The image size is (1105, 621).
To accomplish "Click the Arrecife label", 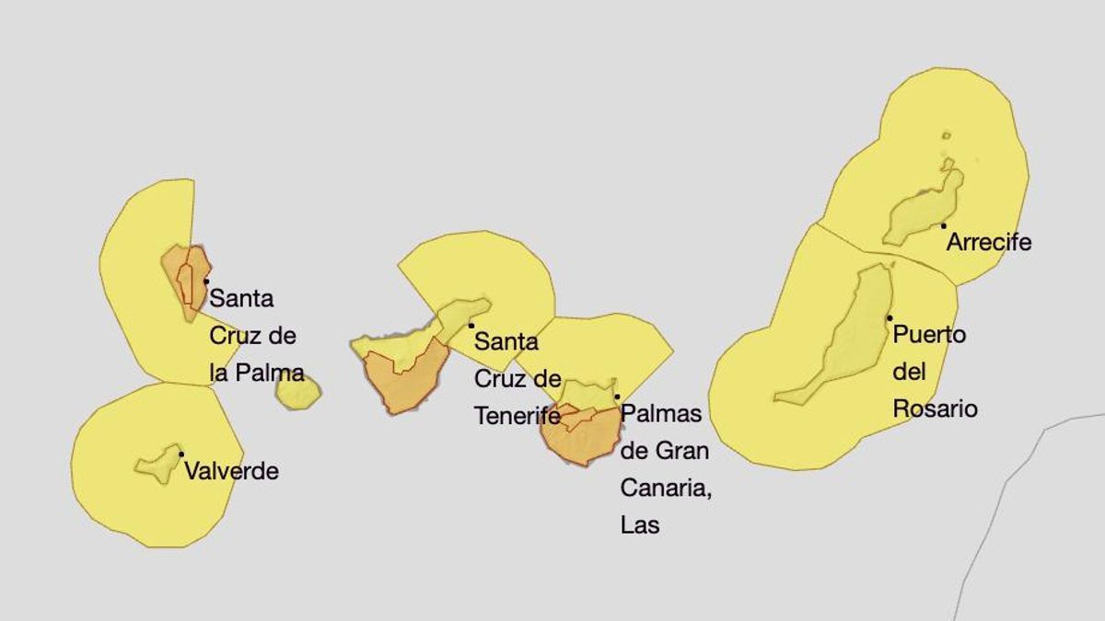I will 989,243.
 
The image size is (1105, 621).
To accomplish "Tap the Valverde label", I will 231,472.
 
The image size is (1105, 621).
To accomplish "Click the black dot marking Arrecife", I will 944,225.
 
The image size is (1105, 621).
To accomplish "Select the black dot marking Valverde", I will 181,454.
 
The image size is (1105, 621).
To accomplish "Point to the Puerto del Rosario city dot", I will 890,317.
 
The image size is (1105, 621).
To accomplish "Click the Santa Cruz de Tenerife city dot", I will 471,325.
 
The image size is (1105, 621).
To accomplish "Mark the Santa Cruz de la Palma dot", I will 206,281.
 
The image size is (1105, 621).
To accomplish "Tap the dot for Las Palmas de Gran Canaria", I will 617,397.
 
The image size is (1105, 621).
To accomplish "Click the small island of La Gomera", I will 297,392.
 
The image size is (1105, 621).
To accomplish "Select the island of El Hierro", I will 158,465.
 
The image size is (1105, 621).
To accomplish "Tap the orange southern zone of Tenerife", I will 403,382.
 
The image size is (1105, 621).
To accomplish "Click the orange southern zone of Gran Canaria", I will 583,440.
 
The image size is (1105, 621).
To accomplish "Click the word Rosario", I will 935,408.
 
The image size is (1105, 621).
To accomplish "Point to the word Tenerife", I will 518,416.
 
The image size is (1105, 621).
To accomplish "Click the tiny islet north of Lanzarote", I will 946,136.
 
